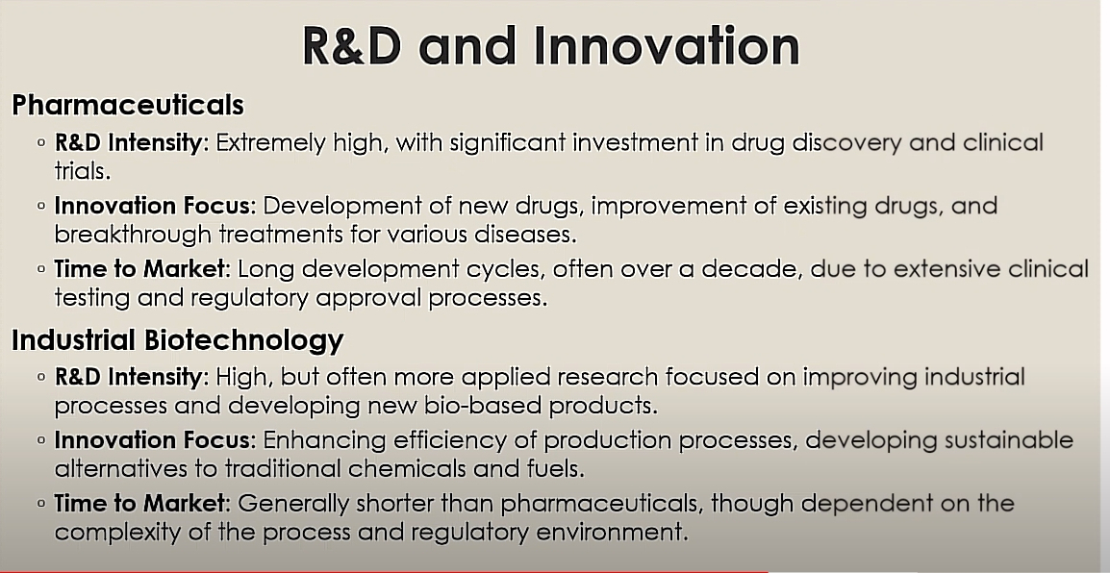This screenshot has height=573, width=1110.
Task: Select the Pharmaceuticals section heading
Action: click(128, 105)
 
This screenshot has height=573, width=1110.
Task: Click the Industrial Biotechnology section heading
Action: click(178, 339)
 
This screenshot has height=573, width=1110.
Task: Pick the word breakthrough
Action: click(133, 234)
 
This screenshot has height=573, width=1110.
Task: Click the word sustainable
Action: click(1006, 440)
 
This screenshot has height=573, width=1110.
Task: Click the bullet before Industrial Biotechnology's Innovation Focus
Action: click(41, 440)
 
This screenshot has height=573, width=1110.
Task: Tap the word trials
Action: click(83, 171)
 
